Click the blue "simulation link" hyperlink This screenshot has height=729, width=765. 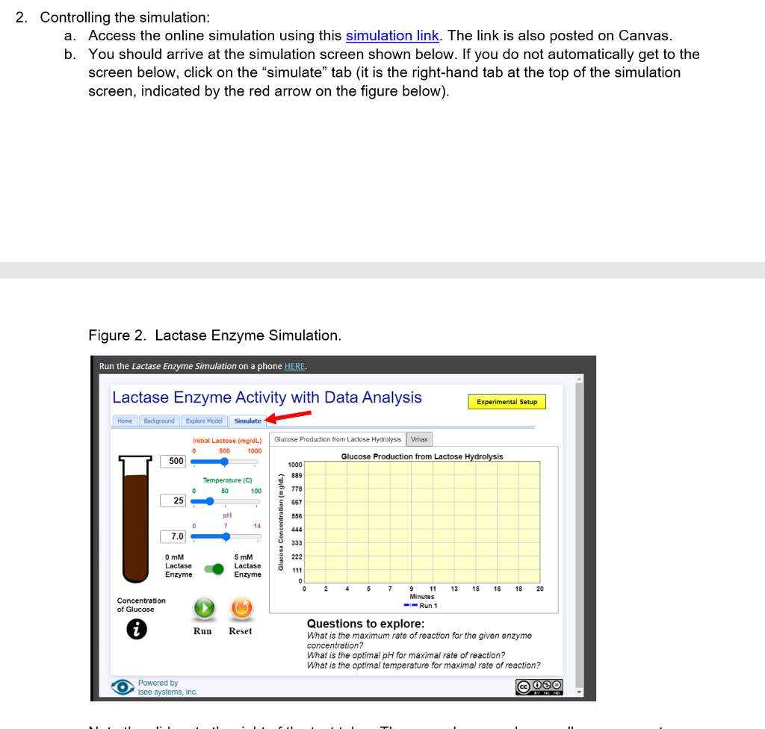(391, 36)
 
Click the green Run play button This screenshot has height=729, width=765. (203, 608)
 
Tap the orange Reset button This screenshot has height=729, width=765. (241, 608)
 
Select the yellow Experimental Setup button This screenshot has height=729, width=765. (507, 402)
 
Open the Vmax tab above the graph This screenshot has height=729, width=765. (419, 439)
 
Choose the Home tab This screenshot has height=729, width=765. (125, 421)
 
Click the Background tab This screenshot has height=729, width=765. (158, 421)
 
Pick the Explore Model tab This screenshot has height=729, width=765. (204, 421)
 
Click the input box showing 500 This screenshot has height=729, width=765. (174, 462)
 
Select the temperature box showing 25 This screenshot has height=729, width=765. (174, 500)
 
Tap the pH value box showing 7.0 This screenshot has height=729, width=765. (174, 536)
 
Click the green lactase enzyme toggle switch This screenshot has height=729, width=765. (215, 569)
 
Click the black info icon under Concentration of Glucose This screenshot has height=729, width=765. (137, 630)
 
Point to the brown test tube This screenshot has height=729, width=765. (136, 523)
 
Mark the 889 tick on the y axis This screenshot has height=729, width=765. (297, 476)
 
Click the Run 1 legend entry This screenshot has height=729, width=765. (421, 606)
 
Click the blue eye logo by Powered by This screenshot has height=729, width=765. (123, 687)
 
